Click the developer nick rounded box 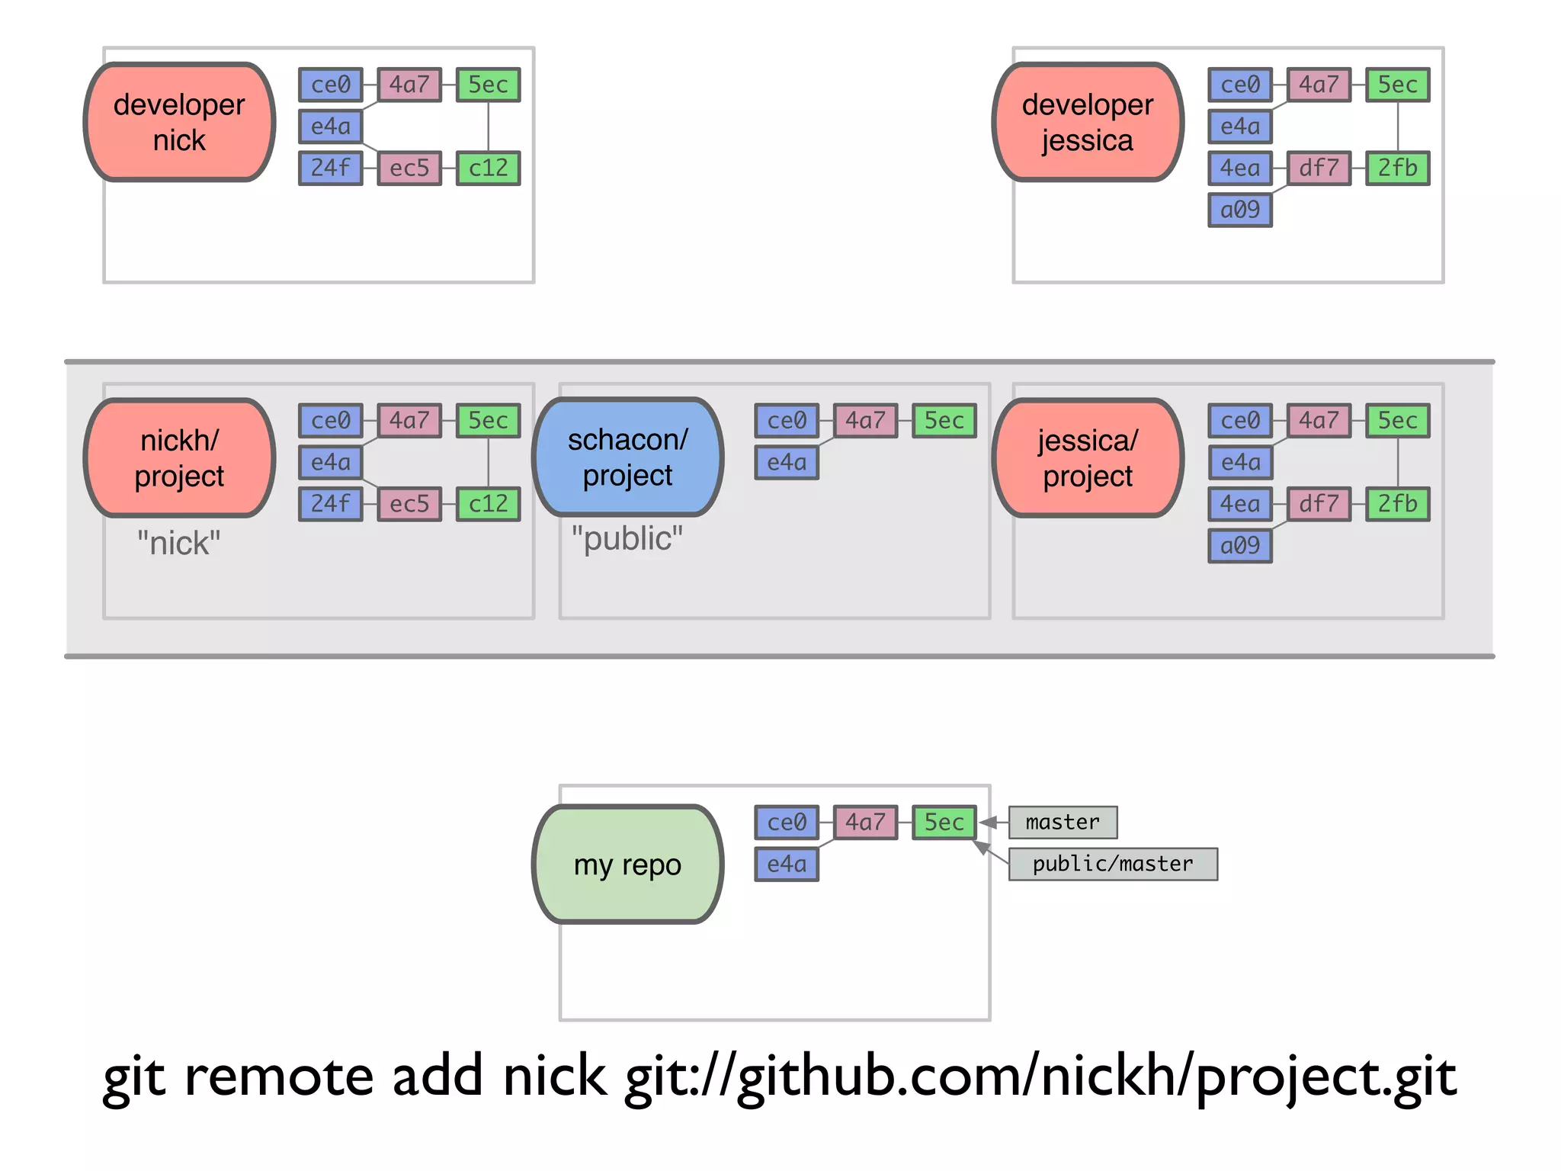click(x=179, y=122)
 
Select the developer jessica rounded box click(x=1088, y=122)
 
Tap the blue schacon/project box click(x=627, y=457)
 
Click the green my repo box click(x=627, y=865)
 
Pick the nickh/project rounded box click(x=179, y=457)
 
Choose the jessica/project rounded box click(x=1088, y=457)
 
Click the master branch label click(x=1063, y=822)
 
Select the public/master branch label click(x=1113, y=864)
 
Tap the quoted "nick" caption click(x=178, y=544)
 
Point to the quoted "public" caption click(x=627, y=538)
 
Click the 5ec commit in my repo click(x=944, y=822)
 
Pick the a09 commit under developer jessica click(x=1240, y=210)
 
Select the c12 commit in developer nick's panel click(x=488, y=168)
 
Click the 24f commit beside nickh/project click(x=330, y=503)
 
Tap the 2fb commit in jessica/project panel click(x=1397, y=503)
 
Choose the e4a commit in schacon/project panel click(x=787, y=462)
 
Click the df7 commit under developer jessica click(x=1319, y=168)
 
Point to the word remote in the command click(x=279, y=1076)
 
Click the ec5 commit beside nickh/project click(x=409, y=503)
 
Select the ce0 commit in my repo click(x=787, y=822)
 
